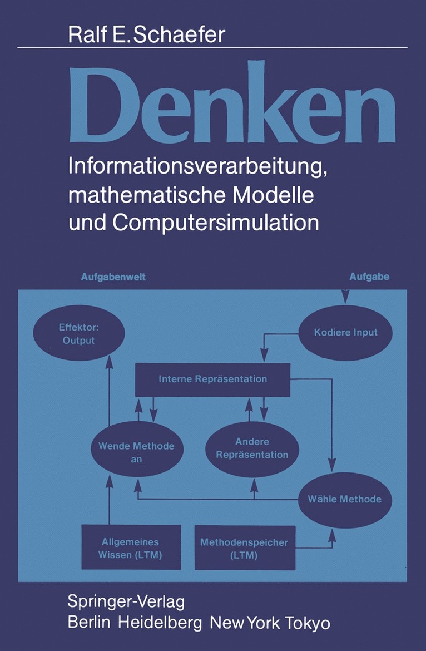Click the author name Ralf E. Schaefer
[147, 34]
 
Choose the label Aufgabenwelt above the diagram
[113, 277]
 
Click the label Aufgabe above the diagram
[369, 277]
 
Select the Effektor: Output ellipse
[78, 334]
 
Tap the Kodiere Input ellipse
[345, 333]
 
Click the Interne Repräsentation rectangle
[213, 379]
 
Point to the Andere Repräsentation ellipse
[252, 448]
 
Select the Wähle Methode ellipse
[345, 499]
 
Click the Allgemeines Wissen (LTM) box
[131, 546]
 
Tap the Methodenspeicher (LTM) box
[245, 548]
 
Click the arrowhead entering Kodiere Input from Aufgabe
[345, 299]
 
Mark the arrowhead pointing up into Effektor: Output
[109, 359]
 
